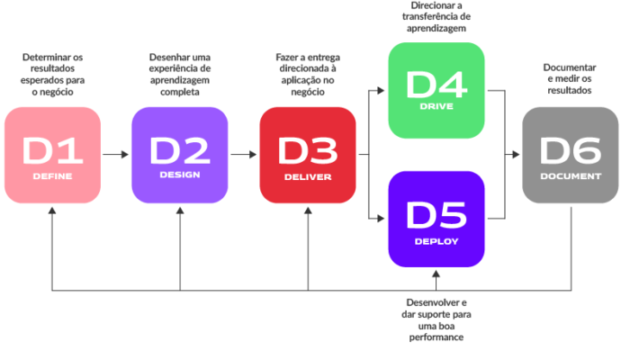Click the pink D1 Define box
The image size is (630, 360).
coord(51,155)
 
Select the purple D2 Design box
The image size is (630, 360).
coord(179,155)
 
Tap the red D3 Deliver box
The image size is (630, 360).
coord(308,155)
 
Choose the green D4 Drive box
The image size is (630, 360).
coord(436,90)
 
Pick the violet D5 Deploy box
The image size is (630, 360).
coord(436,219)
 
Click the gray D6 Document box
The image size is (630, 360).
coord(570,155)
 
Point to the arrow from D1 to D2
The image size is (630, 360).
coord(115,155)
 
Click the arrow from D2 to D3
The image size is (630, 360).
coord(243,155)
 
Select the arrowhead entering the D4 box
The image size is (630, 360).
coord(382,90)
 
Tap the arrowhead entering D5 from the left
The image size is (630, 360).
coord(382,219)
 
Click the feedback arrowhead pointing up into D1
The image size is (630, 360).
coord(51,210)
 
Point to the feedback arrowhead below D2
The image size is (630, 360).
coord(180,210)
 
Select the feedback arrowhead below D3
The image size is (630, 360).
coord(308,210)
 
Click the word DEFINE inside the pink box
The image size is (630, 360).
coord(51,176)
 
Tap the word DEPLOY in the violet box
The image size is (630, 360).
coord(436,241)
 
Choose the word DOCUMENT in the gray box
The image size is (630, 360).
coord(570,176)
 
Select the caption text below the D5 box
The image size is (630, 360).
coord(436,319)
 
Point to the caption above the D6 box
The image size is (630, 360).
coord(569,78)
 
